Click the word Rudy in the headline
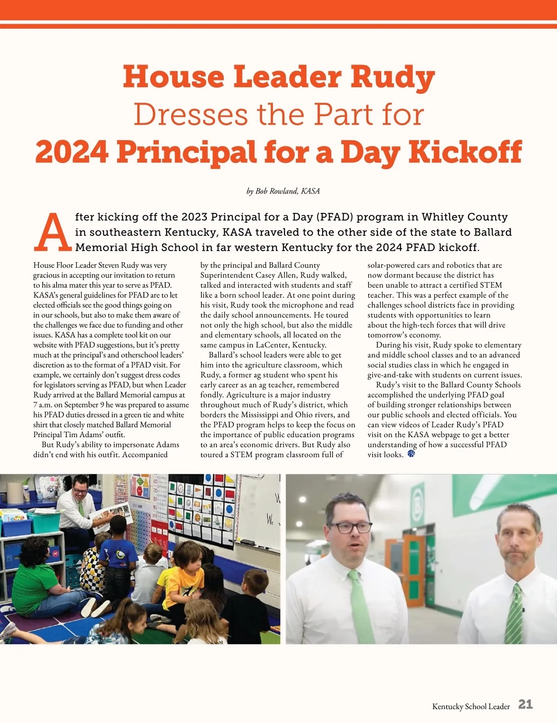[392, 77]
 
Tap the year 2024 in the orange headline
[72, 152]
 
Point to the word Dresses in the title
[191, 115]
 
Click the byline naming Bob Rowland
[283, 191]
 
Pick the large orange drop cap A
[53, 232]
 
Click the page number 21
[525, 704]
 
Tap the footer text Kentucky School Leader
[471, 706]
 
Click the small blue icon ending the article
[411, 454]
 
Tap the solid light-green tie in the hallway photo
[360, 603]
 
